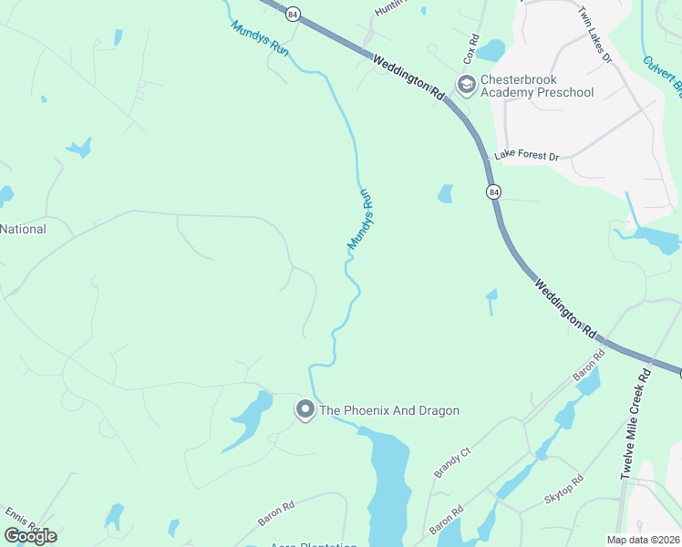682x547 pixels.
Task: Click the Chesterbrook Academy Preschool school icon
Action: [466, 86]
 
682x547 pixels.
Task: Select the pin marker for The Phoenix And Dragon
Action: [305, 411]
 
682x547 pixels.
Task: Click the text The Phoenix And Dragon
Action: [388, 411]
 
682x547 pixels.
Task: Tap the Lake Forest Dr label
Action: [526, 156]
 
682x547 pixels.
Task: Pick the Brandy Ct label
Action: [451, 463]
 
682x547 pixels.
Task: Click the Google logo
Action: [30, 535]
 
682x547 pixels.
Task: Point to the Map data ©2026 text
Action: [642, 540]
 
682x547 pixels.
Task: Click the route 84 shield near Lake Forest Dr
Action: [493, 192]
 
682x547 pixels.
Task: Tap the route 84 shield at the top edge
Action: [292, 14]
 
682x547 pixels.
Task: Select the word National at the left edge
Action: [23, 229]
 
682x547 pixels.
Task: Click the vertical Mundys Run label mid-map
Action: [360, 220]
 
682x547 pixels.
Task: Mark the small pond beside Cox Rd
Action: [490, 49]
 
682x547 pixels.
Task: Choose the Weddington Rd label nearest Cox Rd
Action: [408, 75]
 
